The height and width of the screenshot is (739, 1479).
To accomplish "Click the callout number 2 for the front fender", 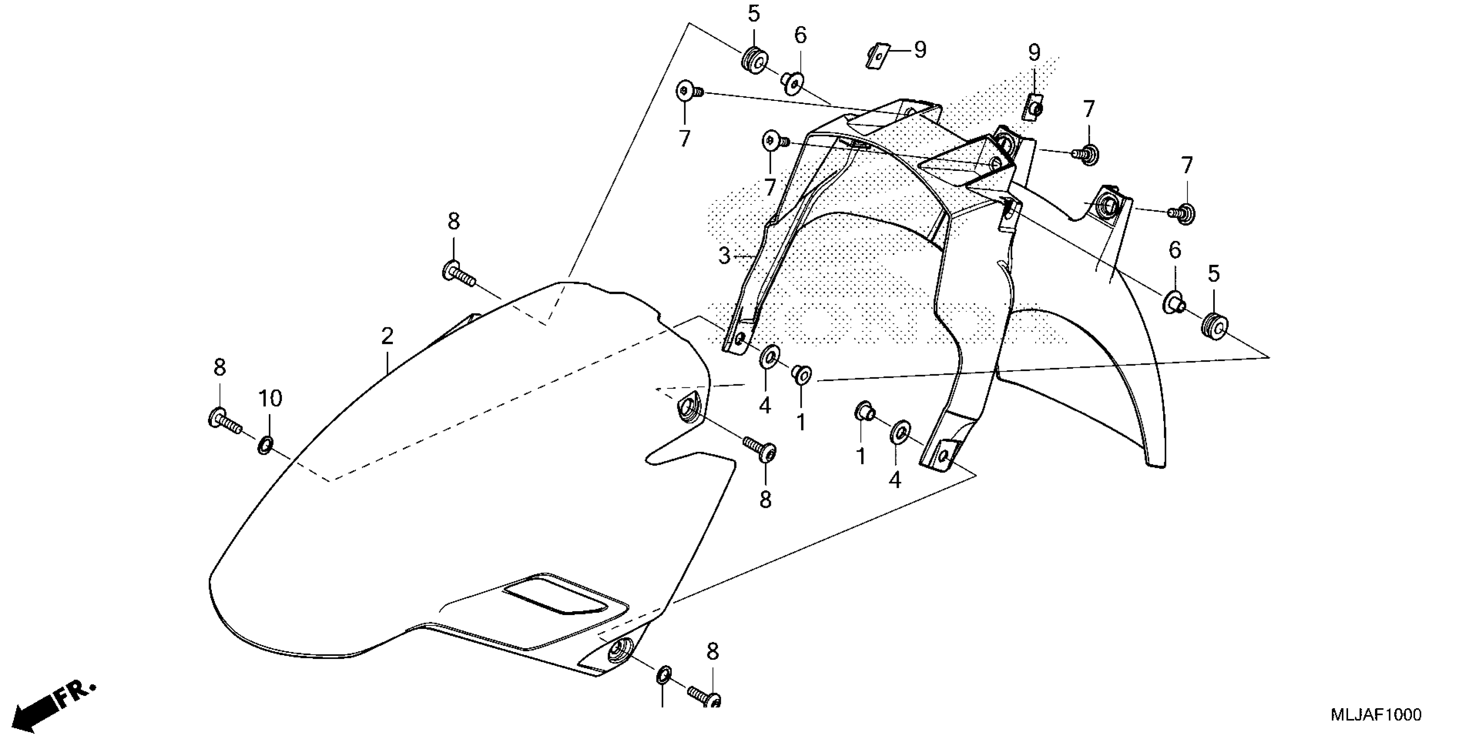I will (x=388, y=336).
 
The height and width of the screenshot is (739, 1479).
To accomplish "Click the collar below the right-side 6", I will (x=1173, y=303).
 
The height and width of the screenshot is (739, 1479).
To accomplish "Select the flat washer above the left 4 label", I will (x=769, y=357).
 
